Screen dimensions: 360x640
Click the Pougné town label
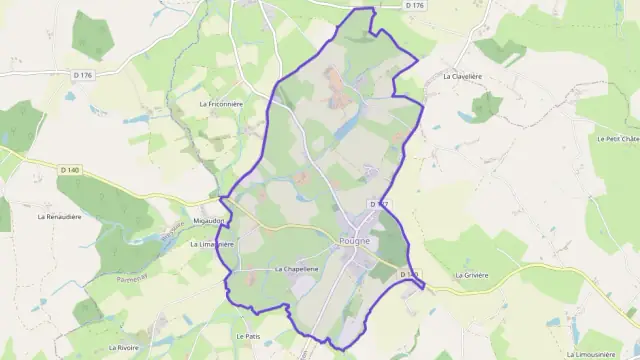pos(353,240)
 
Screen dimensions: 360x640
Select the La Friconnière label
pos(222,103)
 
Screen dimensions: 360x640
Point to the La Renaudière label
pos(60,216)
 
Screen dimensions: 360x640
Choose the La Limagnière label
pos(211,243)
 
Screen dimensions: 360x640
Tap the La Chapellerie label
pos(296,270)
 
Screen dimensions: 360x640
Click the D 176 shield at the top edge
pos(416,5)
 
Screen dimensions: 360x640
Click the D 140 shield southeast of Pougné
pos(410,273)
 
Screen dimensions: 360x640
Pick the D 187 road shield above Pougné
pos(377,203)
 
